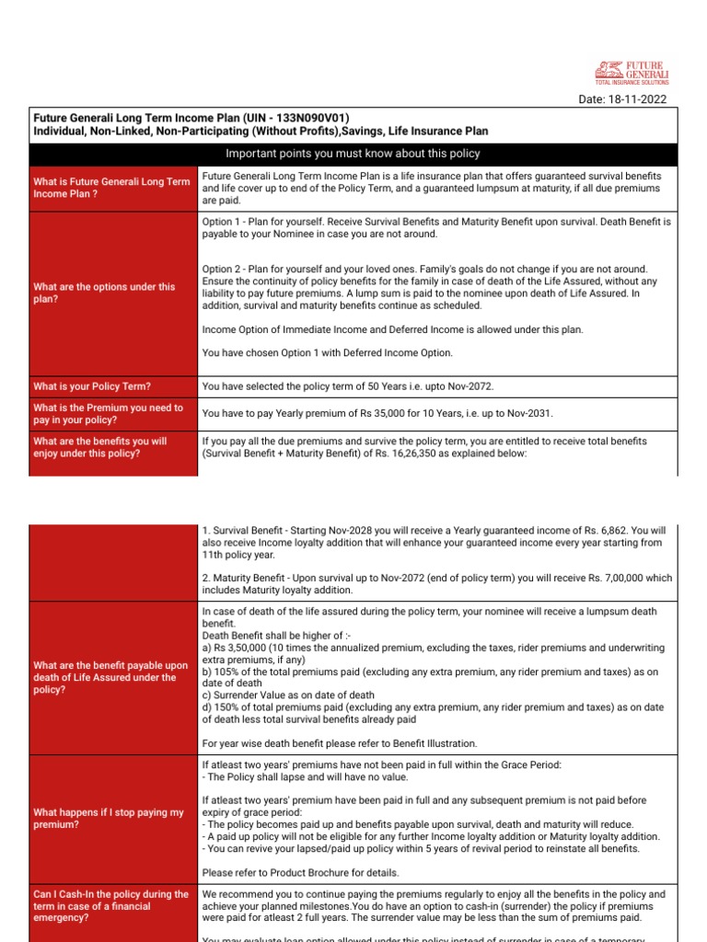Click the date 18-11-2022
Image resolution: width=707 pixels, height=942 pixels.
coord(636,99)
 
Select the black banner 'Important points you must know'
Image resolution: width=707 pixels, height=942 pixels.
coord(353,154)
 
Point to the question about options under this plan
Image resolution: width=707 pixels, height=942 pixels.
coord(103,293)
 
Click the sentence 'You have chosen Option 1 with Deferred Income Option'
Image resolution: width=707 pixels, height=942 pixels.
coord(327,352)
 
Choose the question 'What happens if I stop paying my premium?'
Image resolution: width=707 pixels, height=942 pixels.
coord(109,819)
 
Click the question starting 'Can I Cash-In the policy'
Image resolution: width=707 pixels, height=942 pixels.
coord(110,906)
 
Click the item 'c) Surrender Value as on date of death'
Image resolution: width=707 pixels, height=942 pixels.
coord(288,695)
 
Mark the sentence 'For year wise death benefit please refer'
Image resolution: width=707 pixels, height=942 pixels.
coord(340,743)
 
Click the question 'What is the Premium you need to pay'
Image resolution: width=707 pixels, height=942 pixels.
coord(108,414)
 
